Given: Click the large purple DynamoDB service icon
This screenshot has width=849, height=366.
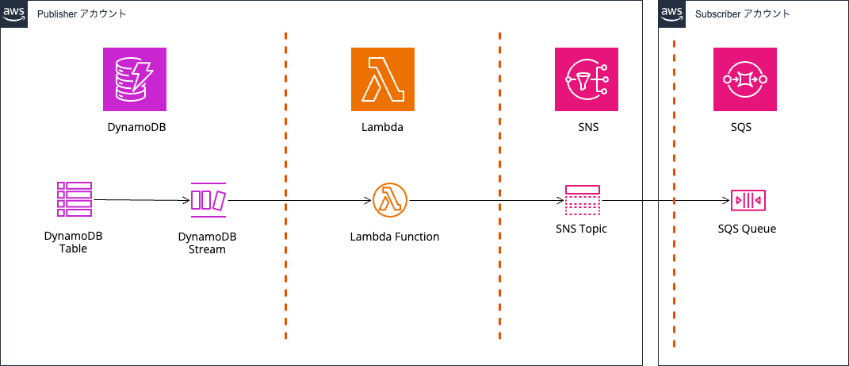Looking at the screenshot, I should click(135, 79).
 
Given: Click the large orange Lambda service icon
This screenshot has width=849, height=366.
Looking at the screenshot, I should click(383, 79).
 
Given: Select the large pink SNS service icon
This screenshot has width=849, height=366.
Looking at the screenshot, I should click(587, 79).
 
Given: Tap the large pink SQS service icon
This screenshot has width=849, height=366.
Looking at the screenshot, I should click(745, 79).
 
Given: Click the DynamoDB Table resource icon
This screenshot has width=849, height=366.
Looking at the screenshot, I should click(75, 199).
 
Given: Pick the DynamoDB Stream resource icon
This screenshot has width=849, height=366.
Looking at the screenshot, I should click(208, 199).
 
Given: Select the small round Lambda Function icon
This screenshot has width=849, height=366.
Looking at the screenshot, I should click(389, 200).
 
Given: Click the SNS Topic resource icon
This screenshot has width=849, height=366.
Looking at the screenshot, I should click(583, 201).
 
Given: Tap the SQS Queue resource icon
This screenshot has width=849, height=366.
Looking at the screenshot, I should click(748, 201).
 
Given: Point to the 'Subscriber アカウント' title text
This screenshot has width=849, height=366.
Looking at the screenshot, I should click(743, 14).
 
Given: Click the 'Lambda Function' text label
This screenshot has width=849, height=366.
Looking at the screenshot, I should click(394, 237).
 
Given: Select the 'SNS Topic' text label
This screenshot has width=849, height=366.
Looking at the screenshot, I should click(582, 229).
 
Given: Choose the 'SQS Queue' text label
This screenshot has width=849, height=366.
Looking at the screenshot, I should click(747, 229).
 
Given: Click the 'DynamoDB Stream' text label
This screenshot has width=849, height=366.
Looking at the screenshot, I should click(207, 243).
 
